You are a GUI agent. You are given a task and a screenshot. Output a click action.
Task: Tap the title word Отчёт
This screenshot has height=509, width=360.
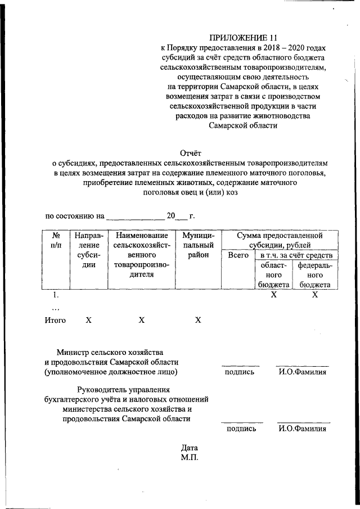(190, 152)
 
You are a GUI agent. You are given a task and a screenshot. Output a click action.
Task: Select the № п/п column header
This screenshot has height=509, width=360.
(55, 240)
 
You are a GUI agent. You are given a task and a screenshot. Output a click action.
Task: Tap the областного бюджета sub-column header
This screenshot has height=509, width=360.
(274, 274)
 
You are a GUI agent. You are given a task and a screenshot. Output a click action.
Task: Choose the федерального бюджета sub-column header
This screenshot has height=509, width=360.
(315, 274)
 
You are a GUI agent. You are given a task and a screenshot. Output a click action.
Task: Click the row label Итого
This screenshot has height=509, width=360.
(55, 320)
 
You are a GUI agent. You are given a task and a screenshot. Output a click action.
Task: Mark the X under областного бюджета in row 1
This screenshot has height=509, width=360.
(274, 295)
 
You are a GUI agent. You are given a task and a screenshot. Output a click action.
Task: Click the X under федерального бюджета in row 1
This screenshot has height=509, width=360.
(315, 295)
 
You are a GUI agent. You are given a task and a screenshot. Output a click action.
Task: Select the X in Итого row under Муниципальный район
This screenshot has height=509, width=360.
(197, 320)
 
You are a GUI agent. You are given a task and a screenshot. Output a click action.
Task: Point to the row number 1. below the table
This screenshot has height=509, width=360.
(55, 295)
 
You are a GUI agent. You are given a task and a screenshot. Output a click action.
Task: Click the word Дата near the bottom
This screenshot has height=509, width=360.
(190, 448)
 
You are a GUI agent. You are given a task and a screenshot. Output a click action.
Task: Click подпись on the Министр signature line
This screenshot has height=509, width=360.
(239, 372)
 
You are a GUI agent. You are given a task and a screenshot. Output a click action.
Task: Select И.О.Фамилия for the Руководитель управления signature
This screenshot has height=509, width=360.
(303, 429)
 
